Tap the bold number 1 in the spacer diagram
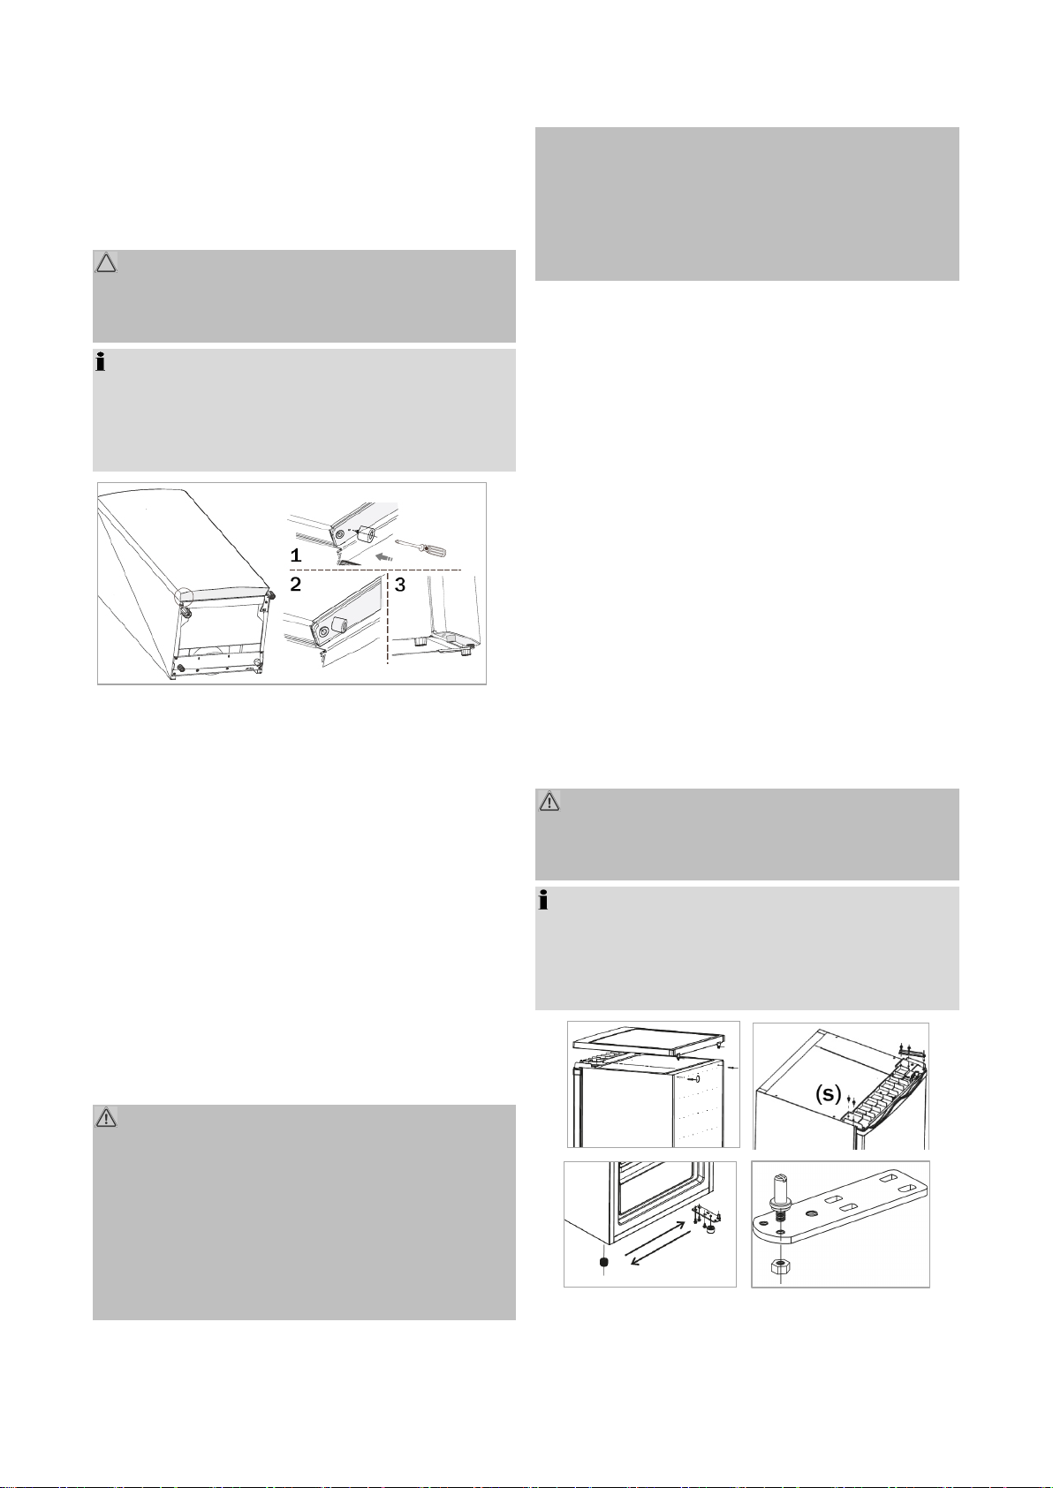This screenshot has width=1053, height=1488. pyautogui.click(x=296, y=555)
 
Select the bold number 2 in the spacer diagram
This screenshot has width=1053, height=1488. pyautogui.click(x=296, y=585)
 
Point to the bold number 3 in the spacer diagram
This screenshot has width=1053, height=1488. pyautogui.click(x=400, y=585)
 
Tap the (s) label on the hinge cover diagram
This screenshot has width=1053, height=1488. pyautogui.click(x=829, y=1092)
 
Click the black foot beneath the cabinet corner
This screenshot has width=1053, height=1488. pyautogui.click(x=603, y=1262)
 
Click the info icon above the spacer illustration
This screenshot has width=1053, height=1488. pyautogui.click(x=101, y=363)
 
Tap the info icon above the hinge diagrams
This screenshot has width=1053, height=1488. pyautogui.click(x=543, y=901)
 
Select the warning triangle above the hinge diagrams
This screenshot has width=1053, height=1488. pyautogui.click(x=549, y=802)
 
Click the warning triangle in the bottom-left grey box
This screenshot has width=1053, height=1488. pyautogui.click(x=106, y=1118)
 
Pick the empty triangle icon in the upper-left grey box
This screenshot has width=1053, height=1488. pyautogui.click(x=106, y=263)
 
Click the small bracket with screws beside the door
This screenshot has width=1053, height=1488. pyautogui.click(x=706, y=1217)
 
